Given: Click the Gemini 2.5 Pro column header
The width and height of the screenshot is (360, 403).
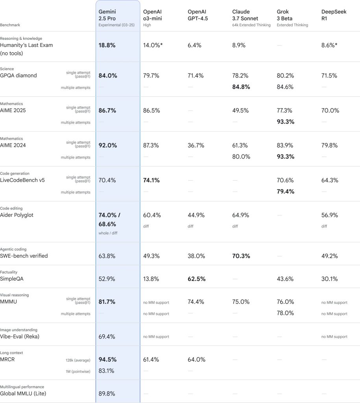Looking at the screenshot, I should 107,15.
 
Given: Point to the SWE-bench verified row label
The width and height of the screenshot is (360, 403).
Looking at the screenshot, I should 24,256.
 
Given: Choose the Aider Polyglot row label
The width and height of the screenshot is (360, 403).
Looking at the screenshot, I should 18,215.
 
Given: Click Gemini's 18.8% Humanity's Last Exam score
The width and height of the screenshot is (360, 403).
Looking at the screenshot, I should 107,45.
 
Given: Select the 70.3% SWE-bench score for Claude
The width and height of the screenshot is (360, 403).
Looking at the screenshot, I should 241,256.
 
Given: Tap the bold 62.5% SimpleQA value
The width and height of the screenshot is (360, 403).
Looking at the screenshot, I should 196,279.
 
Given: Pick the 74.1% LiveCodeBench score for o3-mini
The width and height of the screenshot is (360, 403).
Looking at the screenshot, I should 151,180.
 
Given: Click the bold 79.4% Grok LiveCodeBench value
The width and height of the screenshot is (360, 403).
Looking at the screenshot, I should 286,192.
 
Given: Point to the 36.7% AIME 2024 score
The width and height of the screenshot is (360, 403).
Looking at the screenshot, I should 196,145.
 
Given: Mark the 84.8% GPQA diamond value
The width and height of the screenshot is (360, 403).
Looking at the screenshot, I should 241,87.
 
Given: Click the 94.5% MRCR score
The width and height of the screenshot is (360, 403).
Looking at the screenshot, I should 107,359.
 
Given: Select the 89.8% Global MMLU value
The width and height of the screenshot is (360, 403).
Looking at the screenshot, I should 107,393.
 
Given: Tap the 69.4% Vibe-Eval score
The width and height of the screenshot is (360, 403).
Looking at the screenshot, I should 107,336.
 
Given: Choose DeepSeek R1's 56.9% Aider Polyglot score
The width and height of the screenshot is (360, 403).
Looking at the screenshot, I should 330,215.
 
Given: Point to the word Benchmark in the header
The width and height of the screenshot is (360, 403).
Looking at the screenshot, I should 10,25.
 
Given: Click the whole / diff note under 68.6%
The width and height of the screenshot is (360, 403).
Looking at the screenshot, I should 107,233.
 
